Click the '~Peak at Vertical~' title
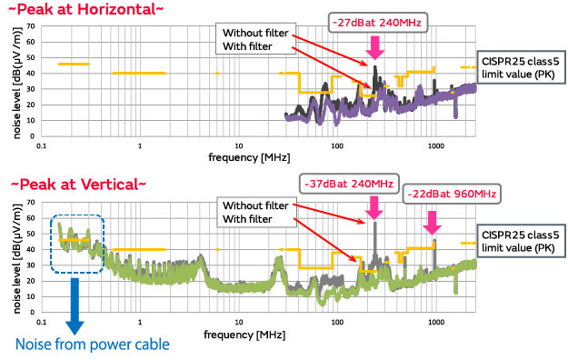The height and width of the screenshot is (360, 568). (x=73, y=184)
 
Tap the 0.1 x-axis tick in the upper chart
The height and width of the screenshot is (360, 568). (x=41, y=145)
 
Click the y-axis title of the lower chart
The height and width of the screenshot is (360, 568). (x=12, y=259)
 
